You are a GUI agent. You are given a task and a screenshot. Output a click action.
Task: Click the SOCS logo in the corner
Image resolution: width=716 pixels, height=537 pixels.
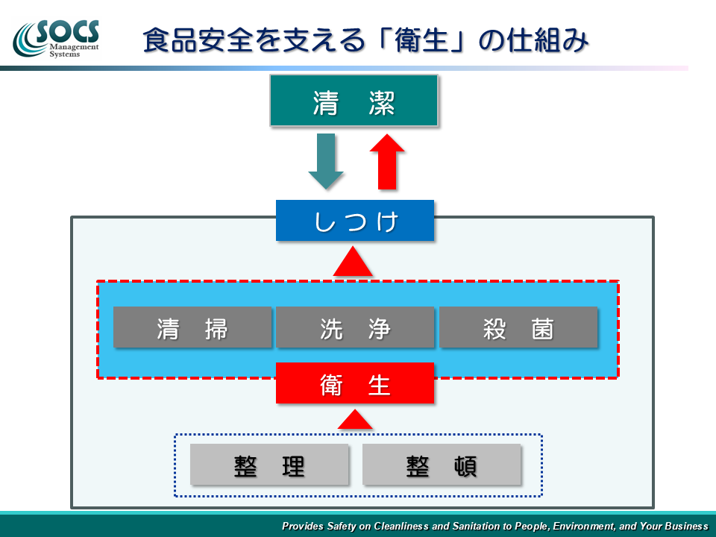point(56,39)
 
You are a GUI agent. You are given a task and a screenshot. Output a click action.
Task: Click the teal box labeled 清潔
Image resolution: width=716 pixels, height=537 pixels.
point(354,101)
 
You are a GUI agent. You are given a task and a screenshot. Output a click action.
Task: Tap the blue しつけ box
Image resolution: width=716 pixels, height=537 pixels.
point(355,221)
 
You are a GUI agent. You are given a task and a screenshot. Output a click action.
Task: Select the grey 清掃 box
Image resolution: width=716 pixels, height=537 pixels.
point(192,327)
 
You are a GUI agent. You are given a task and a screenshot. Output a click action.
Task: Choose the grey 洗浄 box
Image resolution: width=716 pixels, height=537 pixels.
point(355,327)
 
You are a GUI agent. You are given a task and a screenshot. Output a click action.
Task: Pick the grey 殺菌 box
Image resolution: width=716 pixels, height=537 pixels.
point(518,327)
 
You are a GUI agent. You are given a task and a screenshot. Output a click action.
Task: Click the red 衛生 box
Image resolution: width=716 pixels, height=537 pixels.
point(355,383)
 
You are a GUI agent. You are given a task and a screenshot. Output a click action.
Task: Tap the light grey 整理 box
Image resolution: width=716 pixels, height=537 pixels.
point(269,465)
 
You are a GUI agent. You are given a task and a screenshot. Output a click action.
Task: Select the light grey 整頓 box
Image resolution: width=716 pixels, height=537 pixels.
point(442,465)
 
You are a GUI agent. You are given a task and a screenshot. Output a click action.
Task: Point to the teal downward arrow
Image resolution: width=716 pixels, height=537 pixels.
point(326,162)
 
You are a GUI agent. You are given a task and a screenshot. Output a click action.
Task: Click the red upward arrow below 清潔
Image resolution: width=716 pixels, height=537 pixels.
point(387,162)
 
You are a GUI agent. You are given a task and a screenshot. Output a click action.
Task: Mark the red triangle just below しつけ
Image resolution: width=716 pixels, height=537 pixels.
point(353,262)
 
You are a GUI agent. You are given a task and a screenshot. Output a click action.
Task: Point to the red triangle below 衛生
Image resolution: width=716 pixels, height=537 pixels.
point(355,419)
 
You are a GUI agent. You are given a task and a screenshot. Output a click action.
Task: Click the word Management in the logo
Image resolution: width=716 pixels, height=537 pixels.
point(74,46)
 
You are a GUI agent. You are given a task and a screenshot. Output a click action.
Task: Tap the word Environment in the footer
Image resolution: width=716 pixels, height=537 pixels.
point(583,526)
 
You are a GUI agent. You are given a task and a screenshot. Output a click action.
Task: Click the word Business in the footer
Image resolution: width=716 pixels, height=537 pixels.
point(686,526)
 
